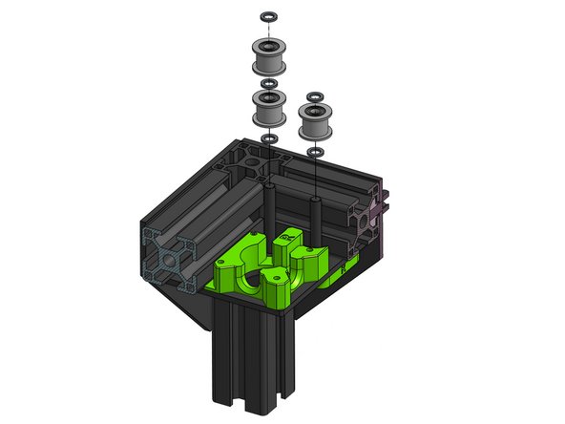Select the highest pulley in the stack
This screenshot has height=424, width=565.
269,59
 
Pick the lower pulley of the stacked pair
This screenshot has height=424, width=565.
269,113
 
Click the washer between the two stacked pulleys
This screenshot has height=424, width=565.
269,84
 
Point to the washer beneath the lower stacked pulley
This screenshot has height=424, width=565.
269,139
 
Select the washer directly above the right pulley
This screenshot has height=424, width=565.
314,95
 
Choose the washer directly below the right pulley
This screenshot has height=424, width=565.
315,149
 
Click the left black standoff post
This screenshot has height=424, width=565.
270,205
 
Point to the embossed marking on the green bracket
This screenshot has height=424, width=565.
344,270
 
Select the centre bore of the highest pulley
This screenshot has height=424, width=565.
269,42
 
